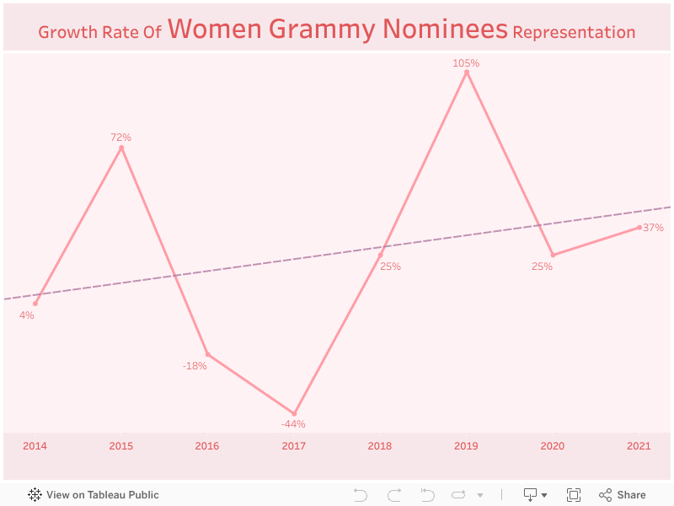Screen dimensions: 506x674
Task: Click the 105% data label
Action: [x=466, y=63]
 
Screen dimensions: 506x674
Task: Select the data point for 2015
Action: [x=121, y=148]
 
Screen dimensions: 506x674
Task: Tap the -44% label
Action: [x=293, y=424]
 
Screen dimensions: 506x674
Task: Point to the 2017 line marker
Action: [x=294, y=413]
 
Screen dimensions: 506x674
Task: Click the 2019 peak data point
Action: [x=467, y=73]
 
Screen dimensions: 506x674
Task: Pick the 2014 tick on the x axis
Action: [x=35, y=446]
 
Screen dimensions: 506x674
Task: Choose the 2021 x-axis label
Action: [x=639, y=446]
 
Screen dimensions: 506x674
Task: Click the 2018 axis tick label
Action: [x=380, y=446]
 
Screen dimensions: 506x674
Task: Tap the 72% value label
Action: [x=120, y=137]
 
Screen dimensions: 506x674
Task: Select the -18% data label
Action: [x=195, y=366]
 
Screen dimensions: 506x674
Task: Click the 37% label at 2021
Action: [x=653, y=228]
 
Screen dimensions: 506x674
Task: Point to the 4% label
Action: [x=27, y=315]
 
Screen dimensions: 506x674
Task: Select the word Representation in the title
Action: [x=574, y=33]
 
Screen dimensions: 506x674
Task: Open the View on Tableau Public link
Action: [x=94, y=495]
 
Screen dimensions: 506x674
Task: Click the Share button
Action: [x=623, y=495]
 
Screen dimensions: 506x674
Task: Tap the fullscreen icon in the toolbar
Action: [x=574, y=495]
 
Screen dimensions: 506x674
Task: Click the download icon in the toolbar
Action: [x=531, y=495]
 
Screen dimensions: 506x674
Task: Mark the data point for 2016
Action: [x=207, y=354]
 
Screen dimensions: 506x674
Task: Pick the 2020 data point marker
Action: [x=553, y=255]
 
